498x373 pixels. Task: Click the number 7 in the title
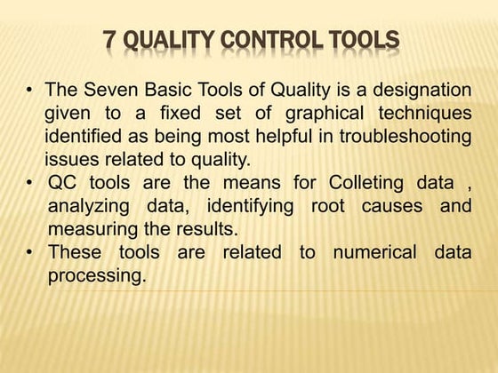pyautogui.click(x=109, y=40)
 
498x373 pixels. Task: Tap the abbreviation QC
pyautogui.click(x=63, y=183)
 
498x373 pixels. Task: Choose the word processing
pyautogui.click(x=95, y=275)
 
